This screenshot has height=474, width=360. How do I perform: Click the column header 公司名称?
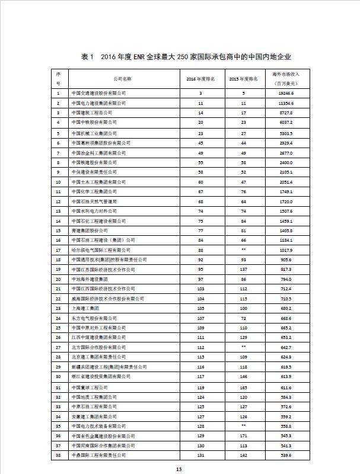[122, 78]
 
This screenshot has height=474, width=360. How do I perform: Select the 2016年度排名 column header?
[200, 78]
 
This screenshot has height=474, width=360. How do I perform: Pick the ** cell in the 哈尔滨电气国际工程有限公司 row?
[243, 249]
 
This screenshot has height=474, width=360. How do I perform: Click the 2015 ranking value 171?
[243, 435]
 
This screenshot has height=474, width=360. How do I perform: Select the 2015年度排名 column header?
[243, 78]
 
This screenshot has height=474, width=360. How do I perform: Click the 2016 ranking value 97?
[200, 278]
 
